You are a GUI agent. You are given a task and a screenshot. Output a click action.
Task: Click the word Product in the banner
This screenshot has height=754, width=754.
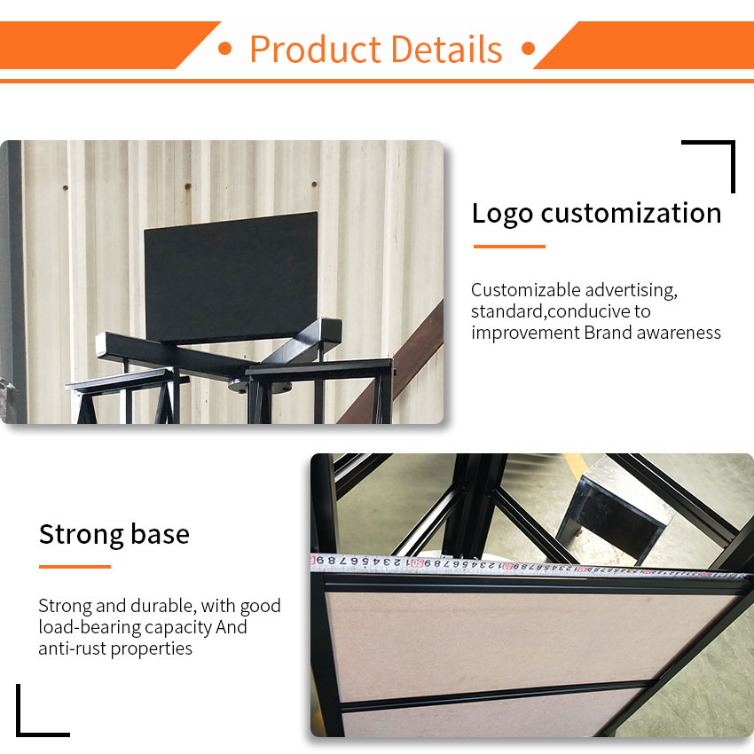tap(316, 49)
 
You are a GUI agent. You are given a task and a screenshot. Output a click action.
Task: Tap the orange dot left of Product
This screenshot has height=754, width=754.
tap(224, 48)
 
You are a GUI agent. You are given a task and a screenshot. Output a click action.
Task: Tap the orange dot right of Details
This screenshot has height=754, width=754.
tap(528, 48)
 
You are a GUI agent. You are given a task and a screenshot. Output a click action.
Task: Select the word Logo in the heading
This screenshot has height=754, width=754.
tap(502, 214)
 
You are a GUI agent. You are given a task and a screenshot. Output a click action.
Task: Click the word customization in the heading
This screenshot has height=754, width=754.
tap(631, 213)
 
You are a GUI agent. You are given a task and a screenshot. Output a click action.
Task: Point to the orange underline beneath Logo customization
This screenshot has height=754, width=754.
tap(509, 247)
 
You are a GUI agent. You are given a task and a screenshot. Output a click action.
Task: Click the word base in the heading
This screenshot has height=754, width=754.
tap(161, 534)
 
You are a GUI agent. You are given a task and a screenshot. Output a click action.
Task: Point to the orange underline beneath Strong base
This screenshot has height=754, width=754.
tap(75, 567)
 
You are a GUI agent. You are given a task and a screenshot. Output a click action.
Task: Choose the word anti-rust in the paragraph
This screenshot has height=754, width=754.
tap(72, 648)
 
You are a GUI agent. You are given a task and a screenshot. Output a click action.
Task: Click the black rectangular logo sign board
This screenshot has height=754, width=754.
tap(231, 277)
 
